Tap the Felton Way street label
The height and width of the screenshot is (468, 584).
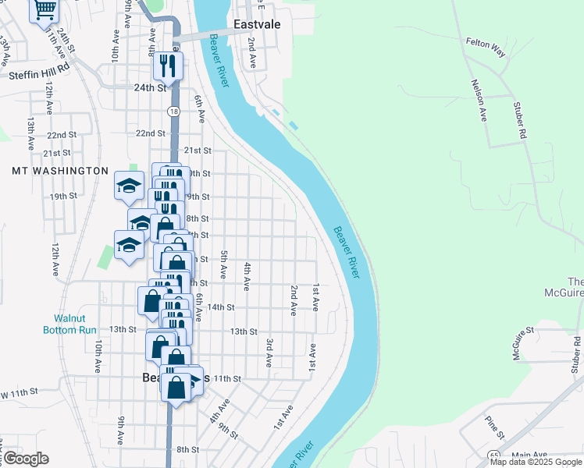486,45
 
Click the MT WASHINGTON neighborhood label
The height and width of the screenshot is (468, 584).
60,170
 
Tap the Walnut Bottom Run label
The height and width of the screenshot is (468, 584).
75,324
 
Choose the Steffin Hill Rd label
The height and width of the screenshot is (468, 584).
40,76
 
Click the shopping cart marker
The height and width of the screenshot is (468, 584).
45,11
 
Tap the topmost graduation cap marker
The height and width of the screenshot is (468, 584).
129,186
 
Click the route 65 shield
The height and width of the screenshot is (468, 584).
494,455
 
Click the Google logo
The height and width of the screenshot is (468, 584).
27,459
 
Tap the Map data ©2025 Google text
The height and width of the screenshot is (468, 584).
536,462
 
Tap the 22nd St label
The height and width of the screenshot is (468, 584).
149,133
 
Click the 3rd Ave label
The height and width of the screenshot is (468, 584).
269,353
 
